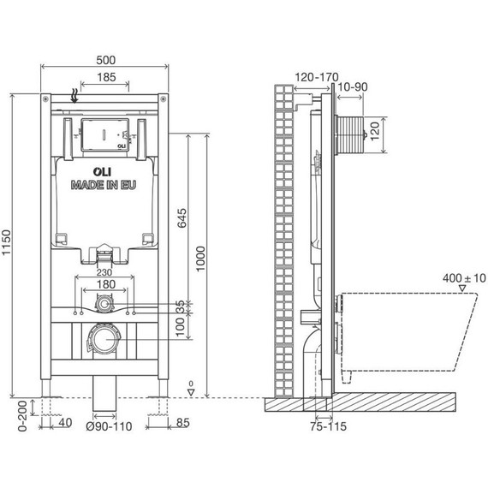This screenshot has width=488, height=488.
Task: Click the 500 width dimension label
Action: (106, 60)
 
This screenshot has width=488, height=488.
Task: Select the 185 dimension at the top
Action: (106, 77)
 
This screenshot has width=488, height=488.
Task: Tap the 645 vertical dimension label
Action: (182, 218)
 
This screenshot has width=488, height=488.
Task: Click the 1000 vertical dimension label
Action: (200, 259)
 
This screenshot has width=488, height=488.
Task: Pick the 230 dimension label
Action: (104, 272)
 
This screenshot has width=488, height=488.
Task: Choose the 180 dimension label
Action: (106, 284)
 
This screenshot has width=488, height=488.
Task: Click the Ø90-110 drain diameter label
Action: (109, 426)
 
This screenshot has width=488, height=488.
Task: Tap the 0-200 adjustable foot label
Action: (23, 416)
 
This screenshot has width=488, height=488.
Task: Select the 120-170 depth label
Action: (317, 77)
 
